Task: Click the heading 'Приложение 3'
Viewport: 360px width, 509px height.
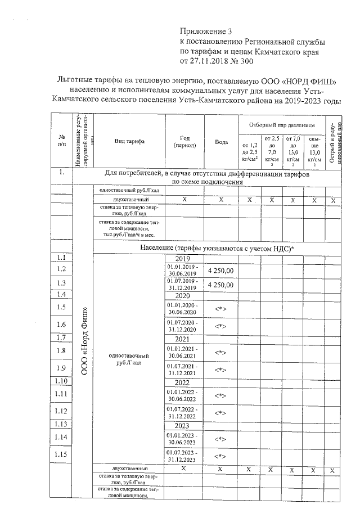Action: (x=205, y=31)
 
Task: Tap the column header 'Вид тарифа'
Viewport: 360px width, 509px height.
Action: (x=129, y=141)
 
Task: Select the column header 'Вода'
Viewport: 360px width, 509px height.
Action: (x=221, y=142)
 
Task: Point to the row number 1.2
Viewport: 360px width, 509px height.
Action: (x=62, y=269)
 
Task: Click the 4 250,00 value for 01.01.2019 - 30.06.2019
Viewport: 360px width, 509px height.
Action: (x=221, y=270)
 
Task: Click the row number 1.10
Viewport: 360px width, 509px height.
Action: (x=62, y=381)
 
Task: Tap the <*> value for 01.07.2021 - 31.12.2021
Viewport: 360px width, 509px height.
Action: (x=221, y=370)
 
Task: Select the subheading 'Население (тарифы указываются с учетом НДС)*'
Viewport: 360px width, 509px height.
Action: (x=217, y=247)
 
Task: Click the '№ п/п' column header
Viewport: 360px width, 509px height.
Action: (x=61, y=142)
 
